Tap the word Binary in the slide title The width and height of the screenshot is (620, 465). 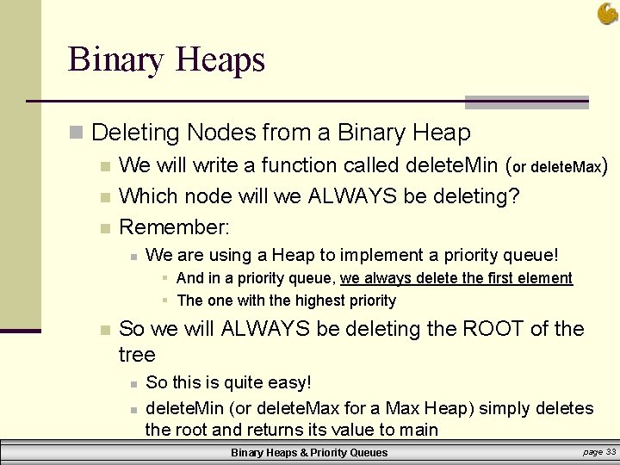point(116,60)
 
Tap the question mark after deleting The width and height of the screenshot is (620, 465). point(514,196)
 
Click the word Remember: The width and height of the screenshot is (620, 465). point(175,227)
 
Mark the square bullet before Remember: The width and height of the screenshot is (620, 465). point(104,228)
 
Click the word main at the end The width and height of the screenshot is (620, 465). point(418,430)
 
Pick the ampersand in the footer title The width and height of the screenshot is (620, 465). point(301,453)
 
